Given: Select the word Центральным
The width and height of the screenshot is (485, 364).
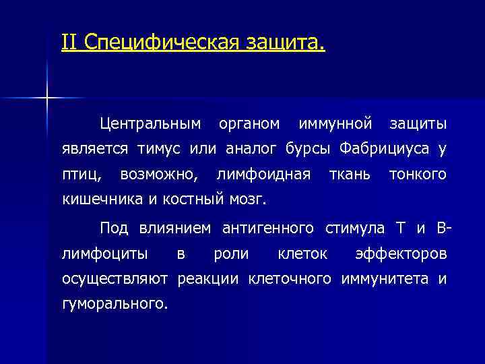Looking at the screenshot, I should [x=150, y=124].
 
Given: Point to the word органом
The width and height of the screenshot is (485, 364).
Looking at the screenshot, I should [x=249, y=124].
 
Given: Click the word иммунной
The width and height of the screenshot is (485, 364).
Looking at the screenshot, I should [x=335, y=124].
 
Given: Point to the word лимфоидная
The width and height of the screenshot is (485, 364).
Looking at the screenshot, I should [x=263, y=175].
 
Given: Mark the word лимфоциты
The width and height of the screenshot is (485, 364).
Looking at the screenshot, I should [x=102, y=253].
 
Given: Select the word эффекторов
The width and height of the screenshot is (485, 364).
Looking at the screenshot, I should [x=400, y=253].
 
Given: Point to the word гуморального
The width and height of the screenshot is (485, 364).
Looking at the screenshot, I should [x=115, y=304].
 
